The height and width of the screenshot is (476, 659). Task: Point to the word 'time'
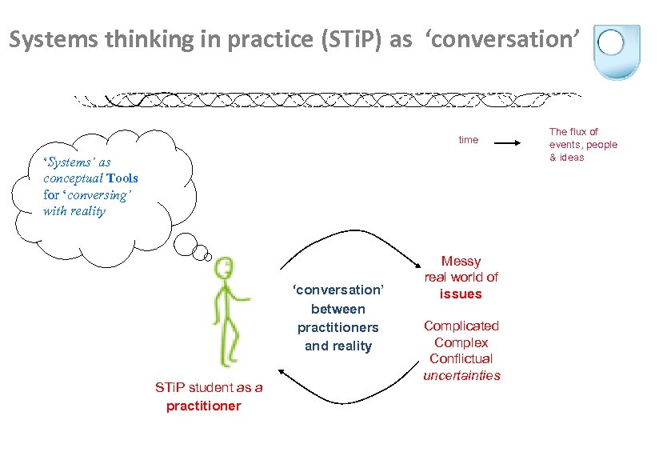(468, 140)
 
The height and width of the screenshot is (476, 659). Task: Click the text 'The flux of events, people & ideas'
(582, 144)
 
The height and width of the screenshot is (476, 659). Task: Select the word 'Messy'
(461, 261)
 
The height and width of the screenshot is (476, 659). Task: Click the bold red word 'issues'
(461, 294)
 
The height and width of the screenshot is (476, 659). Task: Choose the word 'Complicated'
(461, 326)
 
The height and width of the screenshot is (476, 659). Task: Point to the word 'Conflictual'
(461, 358)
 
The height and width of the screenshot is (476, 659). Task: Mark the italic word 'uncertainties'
(461, 375)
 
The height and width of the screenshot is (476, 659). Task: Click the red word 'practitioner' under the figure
(203, 406)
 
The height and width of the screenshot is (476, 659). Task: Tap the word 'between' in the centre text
(337, 309)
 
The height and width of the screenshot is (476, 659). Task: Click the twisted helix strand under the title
(328, 100)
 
